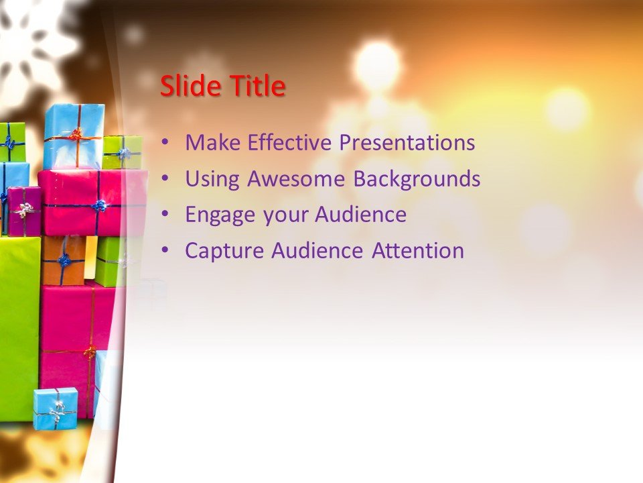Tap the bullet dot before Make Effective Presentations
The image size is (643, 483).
click(165, 143)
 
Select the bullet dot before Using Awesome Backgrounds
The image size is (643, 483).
click(165, 179)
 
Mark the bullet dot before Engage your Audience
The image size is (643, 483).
click(165, 215)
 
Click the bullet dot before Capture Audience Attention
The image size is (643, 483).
click(165, 252)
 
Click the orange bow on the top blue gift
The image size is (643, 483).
click(76, 135)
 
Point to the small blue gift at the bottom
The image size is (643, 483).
click(56, 408)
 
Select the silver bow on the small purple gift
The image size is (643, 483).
click(24, 211)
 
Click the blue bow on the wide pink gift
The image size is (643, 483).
click(99, 205)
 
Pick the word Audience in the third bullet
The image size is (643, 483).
click(360, 215)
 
